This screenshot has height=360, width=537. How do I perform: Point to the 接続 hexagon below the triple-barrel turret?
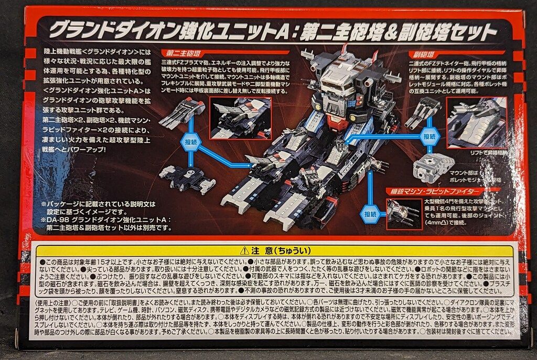[x=191, y=141]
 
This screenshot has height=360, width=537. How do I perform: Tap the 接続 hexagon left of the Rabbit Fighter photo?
[x=371, y=214]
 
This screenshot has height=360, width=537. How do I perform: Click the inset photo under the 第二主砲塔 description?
[x=240, y=118]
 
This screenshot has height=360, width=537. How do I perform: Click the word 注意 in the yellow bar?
[x=259, y=251]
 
